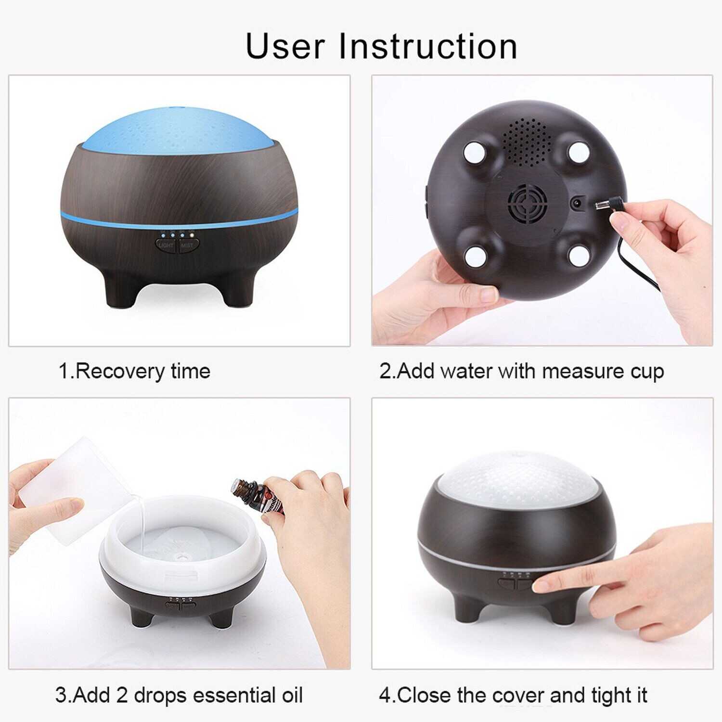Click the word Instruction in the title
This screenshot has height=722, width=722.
pyautogui.click(x=428, y=46)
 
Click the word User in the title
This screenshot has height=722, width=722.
pyautogui.click(x=285, y=46)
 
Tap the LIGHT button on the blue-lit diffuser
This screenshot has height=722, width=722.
pyautogui.click(x=166, y=245)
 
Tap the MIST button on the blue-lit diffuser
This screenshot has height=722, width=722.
pyautogui.click(x=187, y=245)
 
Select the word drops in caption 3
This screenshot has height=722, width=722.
pyautogui.click(x=160, y=696)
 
